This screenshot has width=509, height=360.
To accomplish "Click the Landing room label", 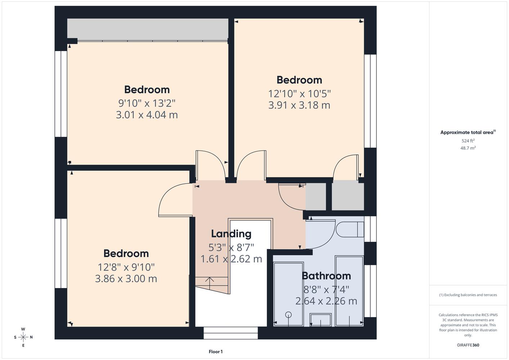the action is [231, 234].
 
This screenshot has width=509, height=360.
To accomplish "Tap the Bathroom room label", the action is [326, 276].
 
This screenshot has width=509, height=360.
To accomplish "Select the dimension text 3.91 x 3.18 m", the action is [299, 105].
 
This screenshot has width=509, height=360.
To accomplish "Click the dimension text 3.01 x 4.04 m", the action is [147, 115].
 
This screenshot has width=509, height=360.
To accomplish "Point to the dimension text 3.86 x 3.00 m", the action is [126, 279].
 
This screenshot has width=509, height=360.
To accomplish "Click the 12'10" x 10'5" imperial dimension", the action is [299, 94].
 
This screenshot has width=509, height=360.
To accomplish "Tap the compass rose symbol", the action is [23, 337].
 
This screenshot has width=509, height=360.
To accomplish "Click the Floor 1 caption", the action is [216, 352].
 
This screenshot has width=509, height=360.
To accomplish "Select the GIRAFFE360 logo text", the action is [468, 345].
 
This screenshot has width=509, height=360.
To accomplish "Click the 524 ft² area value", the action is [468, 141].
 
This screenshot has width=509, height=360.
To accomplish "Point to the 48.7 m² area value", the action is [468, 148].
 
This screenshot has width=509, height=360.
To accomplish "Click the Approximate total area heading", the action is [468, 132].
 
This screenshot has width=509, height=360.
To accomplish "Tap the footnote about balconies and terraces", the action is [468, 295].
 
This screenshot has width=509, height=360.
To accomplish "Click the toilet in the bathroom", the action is [350, 229].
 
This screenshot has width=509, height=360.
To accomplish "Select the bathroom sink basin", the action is [320, 320].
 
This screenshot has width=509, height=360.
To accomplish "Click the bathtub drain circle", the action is [288, 315].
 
